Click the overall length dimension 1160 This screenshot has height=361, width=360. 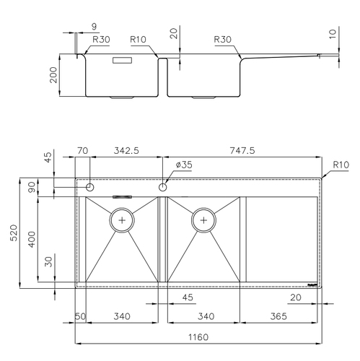coord(198,337)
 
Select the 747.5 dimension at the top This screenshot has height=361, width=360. coord(242,151)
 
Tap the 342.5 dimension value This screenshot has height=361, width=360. coord(126,151)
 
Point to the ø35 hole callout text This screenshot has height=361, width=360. coord(184,165)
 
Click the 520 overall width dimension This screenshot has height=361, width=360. coord(14,232)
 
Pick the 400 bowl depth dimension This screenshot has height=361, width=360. coord(32,240)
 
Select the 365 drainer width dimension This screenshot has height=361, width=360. coord(278,316)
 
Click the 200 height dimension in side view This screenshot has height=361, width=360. coord(53,75)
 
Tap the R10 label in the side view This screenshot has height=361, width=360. coord(138,40)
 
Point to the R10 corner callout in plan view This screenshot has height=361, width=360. coord(341,165)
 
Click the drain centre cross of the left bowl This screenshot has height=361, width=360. coord(122,220)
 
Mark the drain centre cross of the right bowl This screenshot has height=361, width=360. coord(203,220)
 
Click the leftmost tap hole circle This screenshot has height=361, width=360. coord(90,187)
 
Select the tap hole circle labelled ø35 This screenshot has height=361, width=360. coord(163,187)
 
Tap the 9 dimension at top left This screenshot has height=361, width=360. coord(95,27)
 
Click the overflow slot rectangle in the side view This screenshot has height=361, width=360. coord(123,60)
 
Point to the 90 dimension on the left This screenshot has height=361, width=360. coord(32,187)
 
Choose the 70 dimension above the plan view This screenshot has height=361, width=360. coord(83,151)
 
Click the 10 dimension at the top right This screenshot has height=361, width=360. coord(332,34)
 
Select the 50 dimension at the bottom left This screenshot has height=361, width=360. coord(81,316)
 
